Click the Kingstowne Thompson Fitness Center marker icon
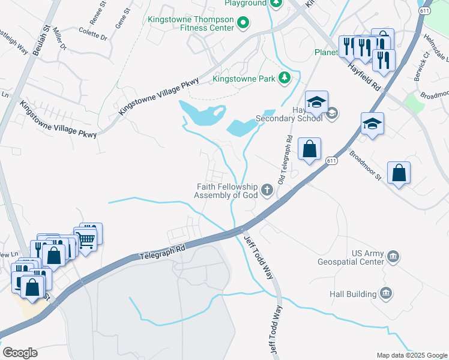tap(243, 24)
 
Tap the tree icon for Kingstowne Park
tap(285, 78)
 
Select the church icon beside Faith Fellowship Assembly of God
tap(267, 191)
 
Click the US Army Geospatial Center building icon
tap(393, 256)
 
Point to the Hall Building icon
tap(386, 293)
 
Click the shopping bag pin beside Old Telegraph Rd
tap(309, 150)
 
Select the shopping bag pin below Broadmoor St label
tap(399, 174)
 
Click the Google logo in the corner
tap(20, 353)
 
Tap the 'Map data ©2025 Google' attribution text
tap(411, 355)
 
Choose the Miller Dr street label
tap(60, 38)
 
